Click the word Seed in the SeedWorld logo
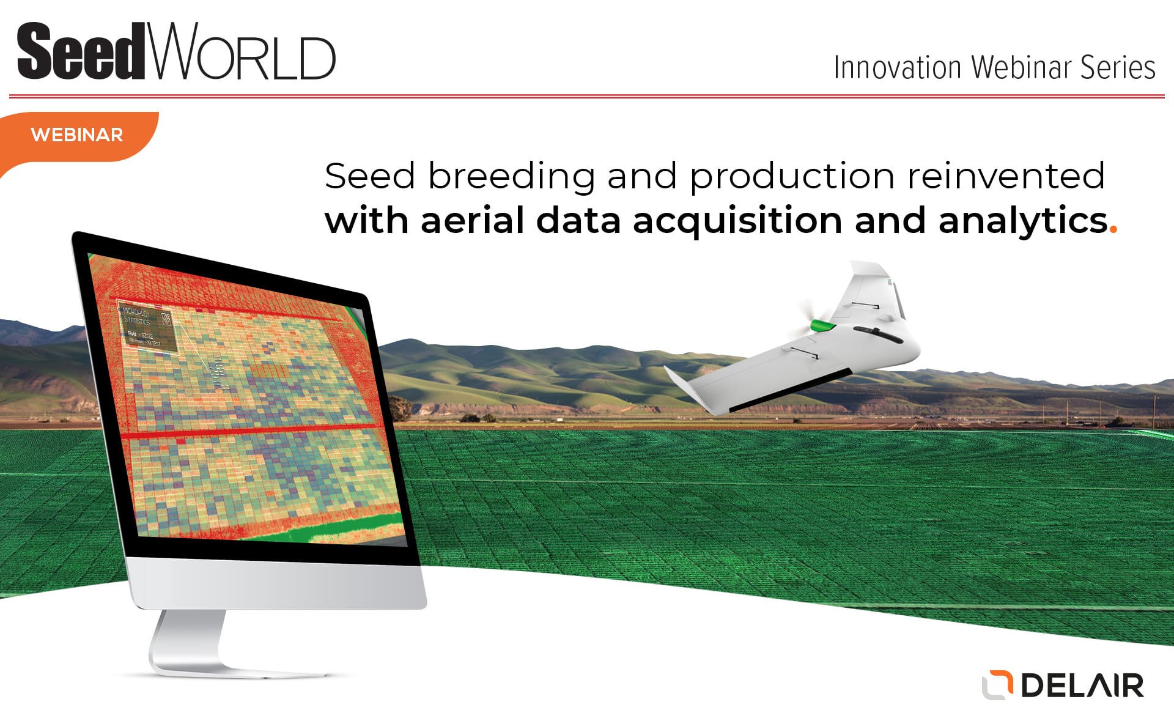[79, 53]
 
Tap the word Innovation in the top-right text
[897, 68]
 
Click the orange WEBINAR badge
[77, 135]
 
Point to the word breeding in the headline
[511, 177]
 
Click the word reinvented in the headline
[1006, 176]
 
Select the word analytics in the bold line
[1022, 221]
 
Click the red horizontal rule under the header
[587, 96]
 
